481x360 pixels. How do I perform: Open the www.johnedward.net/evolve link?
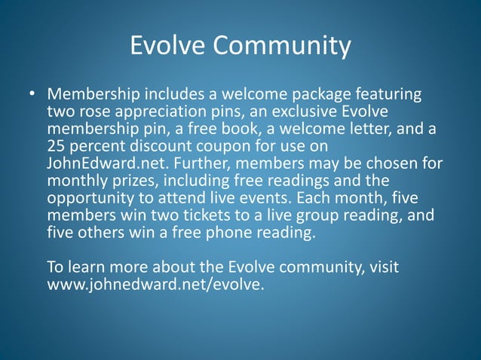click(x=155, y=285)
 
